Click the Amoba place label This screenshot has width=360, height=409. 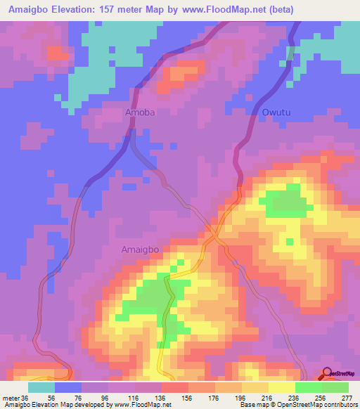coord(139,112)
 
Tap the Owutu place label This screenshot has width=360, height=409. coord(276,112)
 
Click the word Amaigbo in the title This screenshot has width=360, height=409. coord(29,10)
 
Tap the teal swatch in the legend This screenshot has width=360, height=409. coord(41,387)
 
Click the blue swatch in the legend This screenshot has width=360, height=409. coord(67,387)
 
